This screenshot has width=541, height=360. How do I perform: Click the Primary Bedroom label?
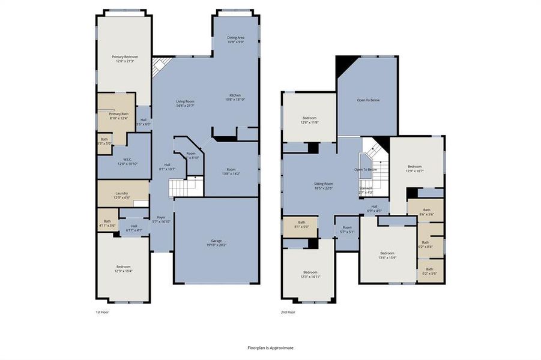pos(124,59)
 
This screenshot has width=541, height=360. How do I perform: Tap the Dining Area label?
pos(235,40)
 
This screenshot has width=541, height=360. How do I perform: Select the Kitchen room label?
pos(235,98)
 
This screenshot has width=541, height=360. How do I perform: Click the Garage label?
pos(216,243)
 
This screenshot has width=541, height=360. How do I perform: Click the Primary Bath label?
pos(118,116)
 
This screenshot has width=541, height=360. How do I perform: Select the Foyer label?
pos(161,219)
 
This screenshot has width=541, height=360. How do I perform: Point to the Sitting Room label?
pos(324,186)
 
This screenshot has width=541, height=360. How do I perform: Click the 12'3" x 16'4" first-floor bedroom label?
pos(123,269)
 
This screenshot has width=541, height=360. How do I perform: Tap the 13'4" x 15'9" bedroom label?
pos(387,256)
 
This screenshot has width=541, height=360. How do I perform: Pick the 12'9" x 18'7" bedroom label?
pos(415,169)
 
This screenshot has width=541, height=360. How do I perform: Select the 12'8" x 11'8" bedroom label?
pos(309,120)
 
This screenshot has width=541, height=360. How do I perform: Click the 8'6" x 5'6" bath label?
pos(426,212)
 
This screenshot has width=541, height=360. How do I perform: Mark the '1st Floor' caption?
pos(102,312)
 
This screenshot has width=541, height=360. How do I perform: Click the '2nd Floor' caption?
pos(288,312)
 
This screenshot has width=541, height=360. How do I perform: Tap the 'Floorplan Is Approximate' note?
pos(270,347)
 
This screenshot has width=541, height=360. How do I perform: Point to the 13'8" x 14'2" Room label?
pos(231,172)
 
